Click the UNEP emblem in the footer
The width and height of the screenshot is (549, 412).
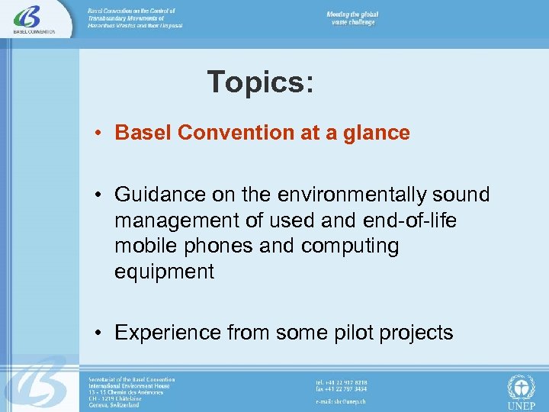coord(522,391)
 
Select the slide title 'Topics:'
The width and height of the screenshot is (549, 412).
coord(260,82)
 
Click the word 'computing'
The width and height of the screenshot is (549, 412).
coord(350,246)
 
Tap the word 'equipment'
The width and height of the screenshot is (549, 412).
coord(165,272)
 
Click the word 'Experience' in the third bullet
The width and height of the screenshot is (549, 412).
coord(168,333)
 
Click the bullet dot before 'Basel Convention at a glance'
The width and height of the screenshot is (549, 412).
coord(100,134)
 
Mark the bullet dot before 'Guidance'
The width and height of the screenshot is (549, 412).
coord(100,195)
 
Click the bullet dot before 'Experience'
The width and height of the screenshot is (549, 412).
coord(100,333)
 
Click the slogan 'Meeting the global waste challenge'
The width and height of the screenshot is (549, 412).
coord(352,18)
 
